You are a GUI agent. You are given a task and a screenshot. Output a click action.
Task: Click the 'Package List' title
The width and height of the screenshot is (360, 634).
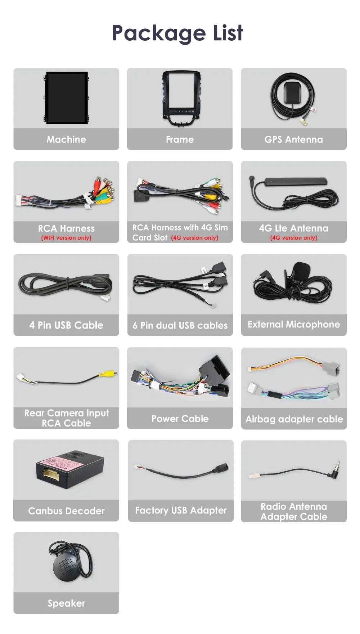pyautogui.click(x=177, y=33)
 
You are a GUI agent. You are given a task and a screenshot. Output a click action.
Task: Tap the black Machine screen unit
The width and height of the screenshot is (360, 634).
pyautogui.click(x=67, y=98)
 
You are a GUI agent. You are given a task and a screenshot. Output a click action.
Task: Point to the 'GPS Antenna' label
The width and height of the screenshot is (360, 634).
pyautogui.click(x=293, y=139)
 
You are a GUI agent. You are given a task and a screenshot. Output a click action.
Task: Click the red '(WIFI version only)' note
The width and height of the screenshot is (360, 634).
pyautogui.click(x=66, y=238)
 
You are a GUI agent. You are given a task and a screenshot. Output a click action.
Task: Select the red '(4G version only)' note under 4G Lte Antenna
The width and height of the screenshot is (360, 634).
pyautogui.click(x=294, y=238)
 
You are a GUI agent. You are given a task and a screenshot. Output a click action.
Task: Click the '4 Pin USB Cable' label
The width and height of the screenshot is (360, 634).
pyautogui.click(x=66, y=325)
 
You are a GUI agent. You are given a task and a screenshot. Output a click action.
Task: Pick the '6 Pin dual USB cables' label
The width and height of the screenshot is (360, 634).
pyautogui.click(x=180, y=326)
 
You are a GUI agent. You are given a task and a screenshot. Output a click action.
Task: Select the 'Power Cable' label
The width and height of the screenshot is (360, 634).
pyautogui.click(x=180, y=419)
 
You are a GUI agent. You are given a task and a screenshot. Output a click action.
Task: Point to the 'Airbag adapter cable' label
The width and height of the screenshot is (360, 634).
pyautogui.click(x=294, y=419)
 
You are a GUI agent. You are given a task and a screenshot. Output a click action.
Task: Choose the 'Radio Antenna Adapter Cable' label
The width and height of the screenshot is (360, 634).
pyautogui.click(x=294, y=512)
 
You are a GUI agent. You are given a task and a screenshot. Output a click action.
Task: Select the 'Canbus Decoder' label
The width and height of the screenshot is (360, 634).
pyautogui.click(x=66, y=511)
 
